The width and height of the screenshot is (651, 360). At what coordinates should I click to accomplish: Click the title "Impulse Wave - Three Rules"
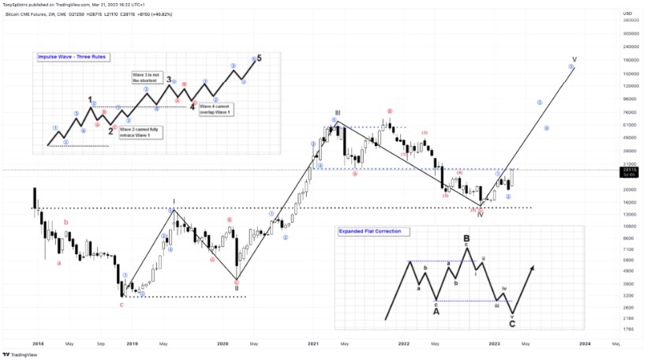pos(72,57)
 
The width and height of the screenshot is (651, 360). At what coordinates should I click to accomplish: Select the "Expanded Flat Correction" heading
pos(369,231)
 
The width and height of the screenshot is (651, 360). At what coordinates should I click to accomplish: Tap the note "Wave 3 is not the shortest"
pos(147,77)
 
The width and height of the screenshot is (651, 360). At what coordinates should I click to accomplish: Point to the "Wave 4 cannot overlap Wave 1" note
pos(215,108)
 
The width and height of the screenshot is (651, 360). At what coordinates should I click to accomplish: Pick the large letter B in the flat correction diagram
pos(466,238)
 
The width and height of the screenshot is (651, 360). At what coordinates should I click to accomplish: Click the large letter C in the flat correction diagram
pos(512,323)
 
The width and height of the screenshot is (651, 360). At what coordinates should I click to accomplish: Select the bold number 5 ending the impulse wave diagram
pos(260,58)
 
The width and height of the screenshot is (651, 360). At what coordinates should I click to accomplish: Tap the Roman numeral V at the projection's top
pos(574,59)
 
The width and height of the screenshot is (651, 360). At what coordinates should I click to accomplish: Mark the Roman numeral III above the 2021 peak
pos(337,113)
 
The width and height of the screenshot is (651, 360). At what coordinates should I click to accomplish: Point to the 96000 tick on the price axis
pos(630,99)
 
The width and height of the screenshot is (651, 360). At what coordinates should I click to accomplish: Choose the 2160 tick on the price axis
pos(629,318)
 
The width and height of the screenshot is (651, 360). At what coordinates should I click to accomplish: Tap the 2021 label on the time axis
pos(313,344)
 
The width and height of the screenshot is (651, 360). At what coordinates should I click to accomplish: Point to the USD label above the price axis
pos(628,13)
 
